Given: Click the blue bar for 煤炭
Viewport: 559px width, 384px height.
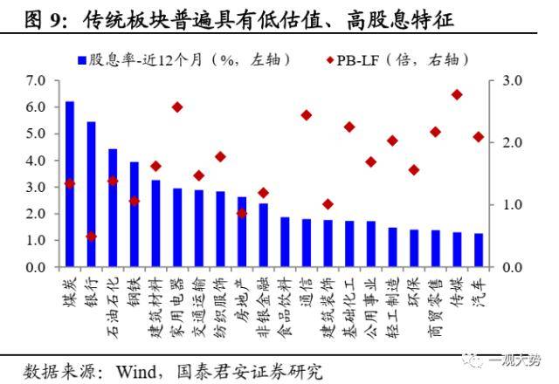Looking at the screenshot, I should coord(70,184).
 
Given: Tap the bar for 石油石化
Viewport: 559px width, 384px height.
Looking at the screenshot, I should coord(113,208).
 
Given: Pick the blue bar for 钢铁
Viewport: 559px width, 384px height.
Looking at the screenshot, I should coord(134,214).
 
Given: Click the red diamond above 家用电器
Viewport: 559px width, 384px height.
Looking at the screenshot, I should coord(176,107).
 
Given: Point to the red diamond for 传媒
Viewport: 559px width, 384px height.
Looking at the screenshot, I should coord(457,94).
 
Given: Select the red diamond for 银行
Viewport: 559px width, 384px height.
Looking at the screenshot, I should coord(91,237).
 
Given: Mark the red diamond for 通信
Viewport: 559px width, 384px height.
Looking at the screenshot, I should coord(306,115).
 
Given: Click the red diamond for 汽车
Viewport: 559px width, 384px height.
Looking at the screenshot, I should coord(478,137).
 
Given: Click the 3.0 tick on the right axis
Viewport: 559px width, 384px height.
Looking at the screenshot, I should coord(512,80).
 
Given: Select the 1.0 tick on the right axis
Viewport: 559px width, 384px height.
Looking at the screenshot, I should coord(512,205).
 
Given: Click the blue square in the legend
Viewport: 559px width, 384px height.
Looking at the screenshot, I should coord(81,59).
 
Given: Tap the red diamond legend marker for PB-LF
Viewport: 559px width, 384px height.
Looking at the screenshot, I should coord(327,59).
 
